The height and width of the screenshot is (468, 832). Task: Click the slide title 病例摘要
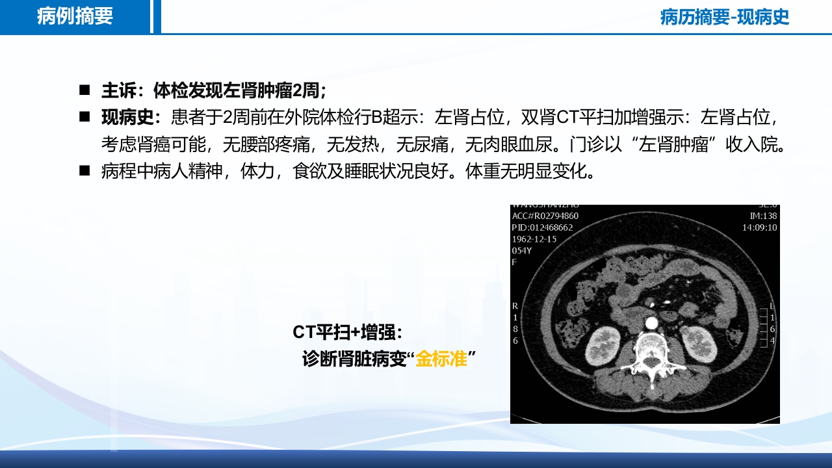[x=75, y=16]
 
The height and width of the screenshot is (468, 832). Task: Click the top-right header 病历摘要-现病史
[x=724, y=17]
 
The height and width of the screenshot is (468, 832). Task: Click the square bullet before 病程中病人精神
[x=84, y=171]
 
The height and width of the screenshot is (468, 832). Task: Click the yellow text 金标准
[x=441, y=358]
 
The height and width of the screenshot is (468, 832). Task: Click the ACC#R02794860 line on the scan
[x=545, y=216]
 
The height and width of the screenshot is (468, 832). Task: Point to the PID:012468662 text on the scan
[x=543, y=227]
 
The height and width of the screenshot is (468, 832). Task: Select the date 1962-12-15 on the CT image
[x=534, y=239]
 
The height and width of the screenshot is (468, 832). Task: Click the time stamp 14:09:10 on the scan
[x=760, y=227]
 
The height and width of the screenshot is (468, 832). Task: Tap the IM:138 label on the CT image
[x=763, y=216]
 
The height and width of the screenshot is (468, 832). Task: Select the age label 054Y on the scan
[x=522, y=250]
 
